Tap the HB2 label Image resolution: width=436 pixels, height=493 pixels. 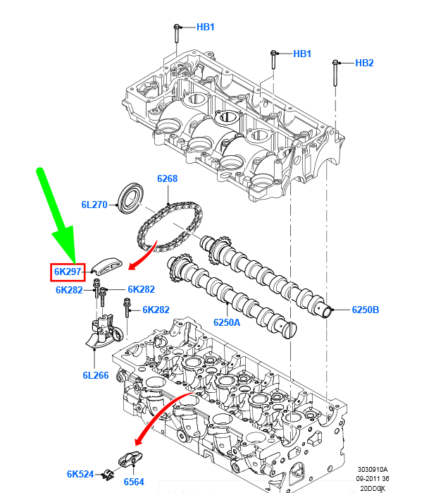364,63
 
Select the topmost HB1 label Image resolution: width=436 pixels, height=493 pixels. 205,28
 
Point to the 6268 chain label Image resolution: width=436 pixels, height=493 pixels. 167,179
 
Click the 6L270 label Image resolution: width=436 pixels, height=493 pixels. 94,205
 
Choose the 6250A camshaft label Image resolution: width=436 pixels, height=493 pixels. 227,322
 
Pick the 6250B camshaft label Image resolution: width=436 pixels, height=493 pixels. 366,310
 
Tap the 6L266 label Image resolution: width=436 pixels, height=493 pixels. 95,375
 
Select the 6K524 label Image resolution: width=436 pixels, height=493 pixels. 80,474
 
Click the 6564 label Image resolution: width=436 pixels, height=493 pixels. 134,482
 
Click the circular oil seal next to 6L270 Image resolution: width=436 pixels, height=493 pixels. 130,197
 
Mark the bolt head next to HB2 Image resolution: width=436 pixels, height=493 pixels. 335,63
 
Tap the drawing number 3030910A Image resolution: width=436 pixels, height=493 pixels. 372,469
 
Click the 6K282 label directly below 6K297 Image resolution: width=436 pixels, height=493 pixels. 70,290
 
